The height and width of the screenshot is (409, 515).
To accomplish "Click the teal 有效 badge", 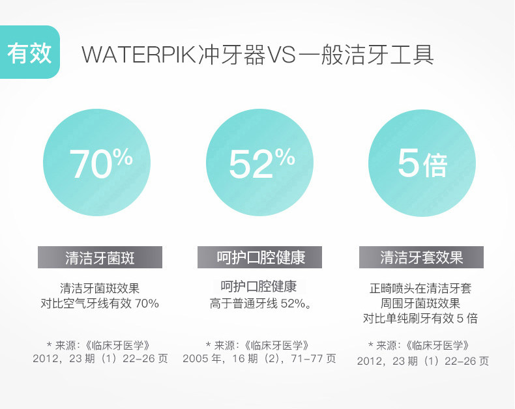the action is (x=29, y=52).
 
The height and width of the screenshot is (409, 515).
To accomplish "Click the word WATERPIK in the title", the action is (x=139, y=55).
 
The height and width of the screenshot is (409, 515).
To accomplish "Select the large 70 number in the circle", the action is (x=91, y=164).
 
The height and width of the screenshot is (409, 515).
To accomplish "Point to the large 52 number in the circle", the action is (x=251, y=164).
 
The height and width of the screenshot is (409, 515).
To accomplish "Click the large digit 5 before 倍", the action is (x=408, y=162).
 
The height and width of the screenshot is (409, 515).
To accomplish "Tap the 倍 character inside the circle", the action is (x=435, y=165).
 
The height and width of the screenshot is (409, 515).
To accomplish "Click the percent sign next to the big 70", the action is (x=123, y=156).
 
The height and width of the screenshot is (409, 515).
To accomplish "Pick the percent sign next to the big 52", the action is (x=285, y=156).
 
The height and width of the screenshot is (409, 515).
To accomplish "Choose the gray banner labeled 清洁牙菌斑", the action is (x=100, y=257).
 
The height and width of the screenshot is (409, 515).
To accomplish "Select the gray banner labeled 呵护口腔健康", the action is (x=259, y=257).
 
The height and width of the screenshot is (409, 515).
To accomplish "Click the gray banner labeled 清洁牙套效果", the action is (x=421, y=257).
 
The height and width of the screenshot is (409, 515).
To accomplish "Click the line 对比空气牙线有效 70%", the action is (x=100, y=303).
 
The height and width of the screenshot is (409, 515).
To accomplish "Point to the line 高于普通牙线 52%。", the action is (x=260, y=303).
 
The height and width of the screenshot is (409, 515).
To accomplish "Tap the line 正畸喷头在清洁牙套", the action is (x=420, y=289).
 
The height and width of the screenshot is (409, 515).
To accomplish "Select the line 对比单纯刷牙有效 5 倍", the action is (x=420, y=318).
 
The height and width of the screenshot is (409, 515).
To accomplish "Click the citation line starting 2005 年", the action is (x=259, y=358).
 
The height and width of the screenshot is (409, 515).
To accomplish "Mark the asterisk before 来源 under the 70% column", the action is (x=50, y=345).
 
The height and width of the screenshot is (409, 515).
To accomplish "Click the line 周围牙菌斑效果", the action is (x=420, y=303).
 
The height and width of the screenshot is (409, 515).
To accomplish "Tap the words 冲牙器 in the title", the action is (x=232, y=55).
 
